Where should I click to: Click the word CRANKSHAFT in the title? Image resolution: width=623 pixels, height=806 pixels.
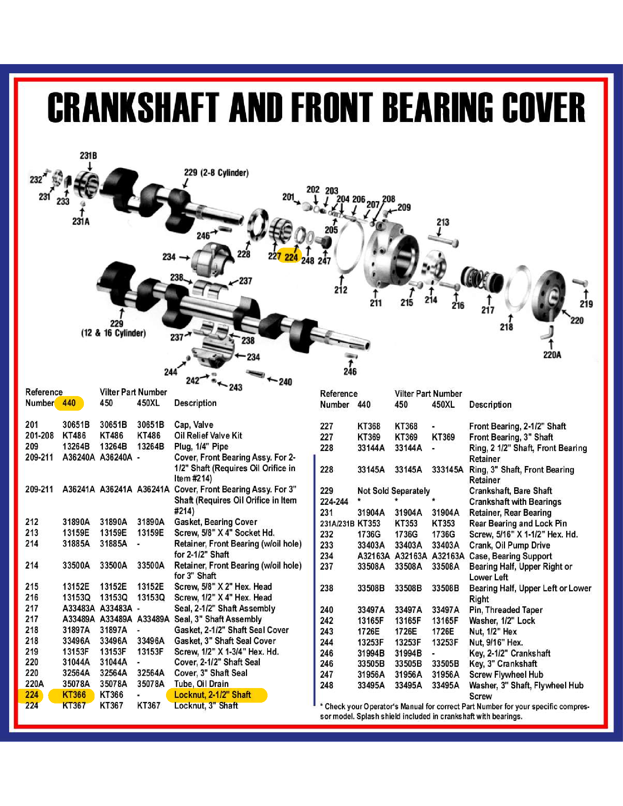point(133,107)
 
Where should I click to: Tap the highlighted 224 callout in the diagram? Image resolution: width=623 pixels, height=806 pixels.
point(291,257)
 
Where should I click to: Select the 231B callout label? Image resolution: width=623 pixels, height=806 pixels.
point(89,156)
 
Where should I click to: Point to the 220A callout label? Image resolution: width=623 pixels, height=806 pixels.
point(552,355)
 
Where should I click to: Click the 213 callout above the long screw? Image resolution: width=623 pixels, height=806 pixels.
point(443,222)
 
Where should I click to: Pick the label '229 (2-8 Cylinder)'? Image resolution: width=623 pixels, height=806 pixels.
point(216,173)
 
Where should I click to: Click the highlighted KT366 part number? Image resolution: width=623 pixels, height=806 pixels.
point(74,695)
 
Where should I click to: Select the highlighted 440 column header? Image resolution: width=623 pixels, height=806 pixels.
point(69,403)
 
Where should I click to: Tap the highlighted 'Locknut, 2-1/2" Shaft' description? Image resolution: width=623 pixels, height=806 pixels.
point(213,695)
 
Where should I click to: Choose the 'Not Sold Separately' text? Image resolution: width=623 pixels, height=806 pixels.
point(394,491)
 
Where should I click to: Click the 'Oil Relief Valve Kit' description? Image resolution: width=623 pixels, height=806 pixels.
point(208,436)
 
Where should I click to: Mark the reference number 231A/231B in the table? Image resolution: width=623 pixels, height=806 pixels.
point(337,523)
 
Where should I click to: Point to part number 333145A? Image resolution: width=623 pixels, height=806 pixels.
point(447,469)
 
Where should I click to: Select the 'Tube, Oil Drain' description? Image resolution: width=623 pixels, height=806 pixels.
point(202,684)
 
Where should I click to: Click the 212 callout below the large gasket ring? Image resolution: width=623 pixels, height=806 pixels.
point(341,290)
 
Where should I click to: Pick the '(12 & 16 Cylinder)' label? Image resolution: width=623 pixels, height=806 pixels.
point(113,333)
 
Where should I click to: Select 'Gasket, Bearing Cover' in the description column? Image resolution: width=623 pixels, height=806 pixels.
point(215,522)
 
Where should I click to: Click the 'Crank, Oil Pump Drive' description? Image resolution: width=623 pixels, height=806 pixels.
point(510,545)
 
